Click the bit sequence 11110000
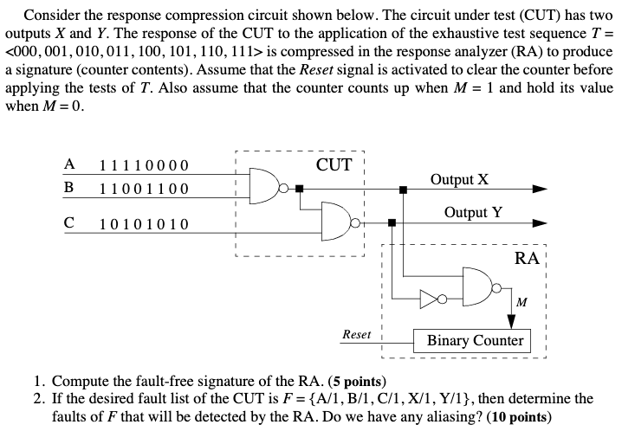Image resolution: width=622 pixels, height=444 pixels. [144, 166]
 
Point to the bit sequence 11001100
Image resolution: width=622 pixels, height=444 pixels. [144, 189]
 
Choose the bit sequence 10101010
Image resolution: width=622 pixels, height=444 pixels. [144, 225]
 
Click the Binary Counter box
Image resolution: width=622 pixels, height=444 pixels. [475, 340]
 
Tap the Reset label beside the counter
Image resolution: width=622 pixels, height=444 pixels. [357, 334]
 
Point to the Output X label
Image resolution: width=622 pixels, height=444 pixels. [459, 179]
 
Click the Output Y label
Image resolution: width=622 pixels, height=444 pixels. [472, 212]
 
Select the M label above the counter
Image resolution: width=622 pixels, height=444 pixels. [521, 302]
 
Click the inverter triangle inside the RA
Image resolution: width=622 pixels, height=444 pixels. [430, 299]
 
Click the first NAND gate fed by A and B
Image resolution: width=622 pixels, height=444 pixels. [262, 184]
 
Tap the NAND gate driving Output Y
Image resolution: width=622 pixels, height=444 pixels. [335, 222]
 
